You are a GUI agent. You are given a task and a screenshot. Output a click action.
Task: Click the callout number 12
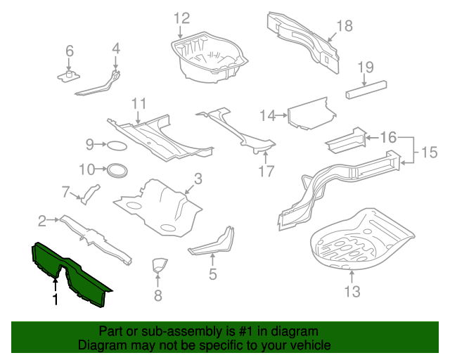[182, 18]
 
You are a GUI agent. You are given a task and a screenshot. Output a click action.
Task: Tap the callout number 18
[343, 26]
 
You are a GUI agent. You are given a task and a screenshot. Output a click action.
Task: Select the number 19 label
[365, 67]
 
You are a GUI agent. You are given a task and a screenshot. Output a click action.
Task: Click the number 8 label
[157, 296]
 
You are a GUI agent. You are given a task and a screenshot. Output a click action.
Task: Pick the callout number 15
[429, 152]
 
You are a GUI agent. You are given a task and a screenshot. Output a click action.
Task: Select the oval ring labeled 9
[117, 146]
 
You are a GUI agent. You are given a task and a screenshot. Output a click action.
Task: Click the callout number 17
[265, 171]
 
